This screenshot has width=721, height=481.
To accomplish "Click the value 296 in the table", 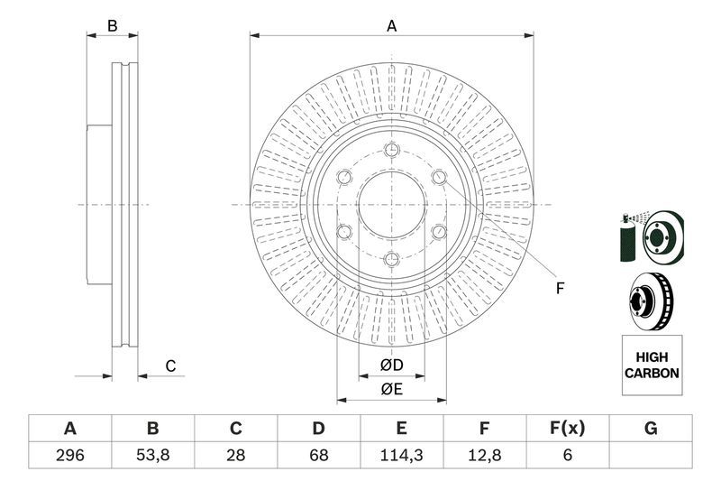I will [69, 455].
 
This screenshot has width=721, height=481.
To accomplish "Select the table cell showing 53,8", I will [152, 455].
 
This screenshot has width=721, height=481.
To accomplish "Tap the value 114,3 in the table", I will [401, 455].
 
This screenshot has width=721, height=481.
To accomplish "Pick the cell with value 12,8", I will [484, 455].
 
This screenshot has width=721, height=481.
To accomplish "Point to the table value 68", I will [318, 455].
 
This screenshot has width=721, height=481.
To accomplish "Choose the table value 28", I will [235, 455].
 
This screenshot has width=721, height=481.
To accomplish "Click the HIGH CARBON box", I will [652, 365].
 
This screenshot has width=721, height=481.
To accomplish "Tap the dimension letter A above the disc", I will [391, 26].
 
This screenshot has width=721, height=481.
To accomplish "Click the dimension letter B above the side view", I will [112, 26].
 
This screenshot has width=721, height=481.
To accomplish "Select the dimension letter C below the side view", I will [169, 365].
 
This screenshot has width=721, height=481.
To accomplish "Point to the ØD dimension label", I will [390, 365].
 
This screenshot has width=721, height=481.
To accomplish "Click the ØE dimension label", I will [390, 389].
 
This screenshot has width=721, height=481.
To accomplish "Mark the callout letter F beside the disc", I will [559, 289].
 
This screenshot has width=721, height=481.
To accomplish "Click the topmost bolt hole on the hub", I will [391, 150].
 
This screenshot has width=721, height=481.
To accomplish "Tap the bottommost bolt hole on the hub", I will [391, 261].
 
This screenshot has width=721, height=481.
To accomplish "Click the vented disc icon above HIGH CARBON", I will [652, 302].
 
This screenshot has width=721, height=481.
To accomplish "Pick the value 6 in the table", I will [567, 455].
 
